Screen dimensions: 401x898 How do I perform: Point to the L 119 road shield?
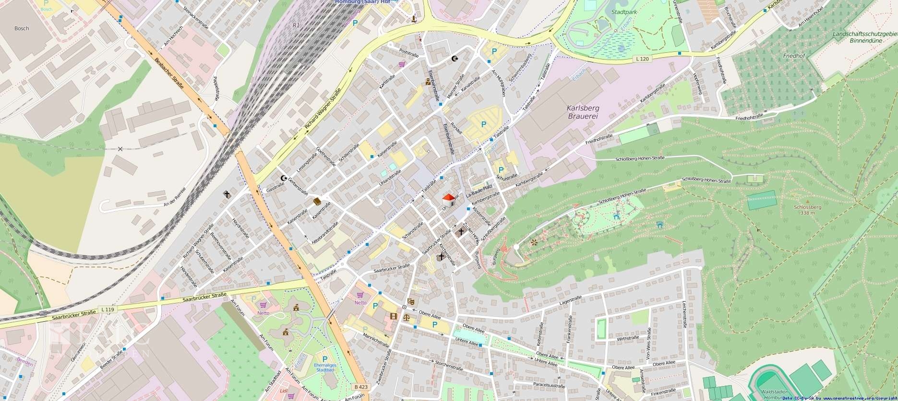click(x=108, y=310)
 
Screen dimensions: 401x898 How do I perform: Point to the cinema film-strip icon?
click(x=394, y=316)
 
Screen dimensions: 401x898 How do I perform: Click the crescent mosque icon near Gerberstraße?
click(x=284, y=178)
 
